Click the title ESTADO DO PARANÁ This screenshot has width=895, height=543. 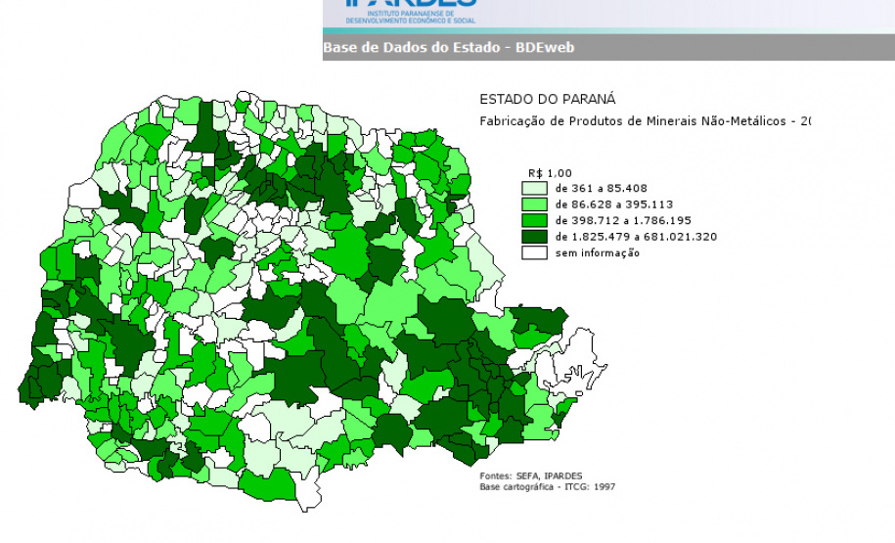pyautogui.click(x=547, y=100)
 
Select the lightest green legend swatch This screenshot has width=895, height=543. pyautogui.click(x=534, y=188)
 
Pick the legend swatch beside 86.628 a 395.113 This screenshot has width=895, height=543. pyautogui.click(x=534, y=204)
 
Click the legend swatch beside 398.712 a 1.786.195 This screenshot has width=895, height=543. pyautogui.click(x=534, y=221)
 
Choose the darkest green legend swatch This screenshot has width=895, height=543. pyautogui.click(x=534, y=237)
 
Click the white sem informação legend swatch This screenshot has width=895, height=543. pyautogui.click(x=534, y=253)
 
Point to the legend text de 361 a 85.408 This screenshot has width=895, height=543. pyautogui.click(x=601, y=188)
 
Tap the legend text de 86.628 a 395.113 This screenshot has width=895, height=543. pyautogui.click(x=608, y=204)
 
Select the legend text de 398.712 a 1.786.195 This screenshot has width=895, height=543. pyautogui.click(x=616, y=221)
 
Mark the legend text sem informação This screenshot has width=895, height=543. pyautogui.click(x=598, y=253)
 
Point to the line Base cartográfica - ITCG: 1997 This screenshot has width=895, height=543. pyautogui.click(x=548, y=486)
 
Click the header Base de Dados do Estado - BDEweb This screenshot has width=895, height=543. pyautogui.click(x=448, y=47)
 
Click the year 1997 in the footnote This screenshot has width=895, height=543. pyautogui.click(x=604, y=486)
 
